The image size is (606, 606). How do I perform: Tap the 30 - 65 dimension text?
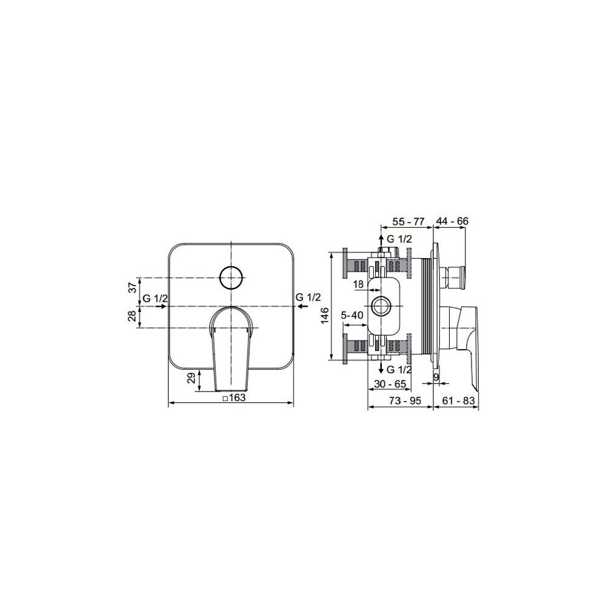click(390, 384)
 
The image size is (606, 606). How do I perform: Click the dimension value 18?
click(358, 284)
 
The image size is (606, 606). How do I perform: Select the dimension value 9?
click(436, 376)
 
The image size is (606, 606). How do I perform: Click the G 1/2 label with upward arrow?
click(399, 239)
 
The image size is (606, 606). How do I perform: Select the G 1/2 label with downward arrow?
click(400, 369)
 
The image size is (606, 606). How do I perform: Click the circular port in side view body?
click(382, 307)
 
